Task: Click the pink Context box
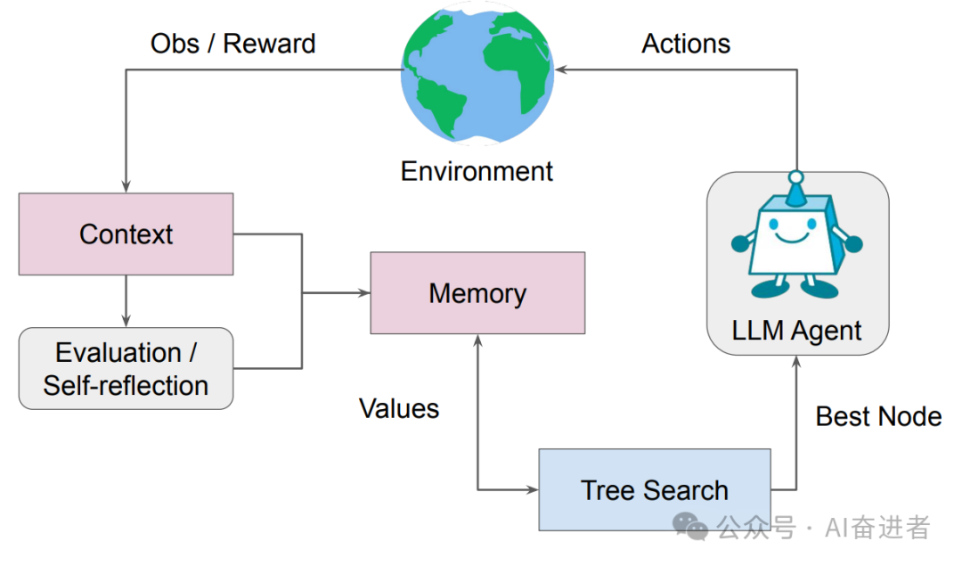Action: pyautogui.click(x=126, y=234)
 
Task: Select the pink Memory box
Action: pyautogui.click(x=477, y=292)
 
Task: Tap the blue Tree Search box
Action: pyautogui.click(x=655, y=489)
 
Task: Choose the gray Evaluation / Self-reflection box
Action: pyautogui.click(x=126, y=368)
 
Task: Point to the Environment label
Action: pyautogui.click(x=477, y=170)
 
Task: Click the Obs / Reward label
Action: pyautogui.click(x=232, y=43)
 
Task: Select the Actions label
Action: pyautogui.click(x=686, y=43)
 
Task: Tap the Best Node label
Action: pyautogui.click(x=878, y=416)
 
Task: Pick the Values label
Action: pyautogui.click(x=399, y=408)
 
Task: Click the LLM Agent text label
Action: pyautogui.click(x=796, y=331)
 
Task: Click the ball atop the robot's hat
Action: pyautogui.click(x=795, y=177)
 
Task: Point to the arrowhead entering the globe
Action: pyautogui.click(x=562, y=69)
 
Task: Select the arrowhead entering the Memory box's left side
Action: pyautogui.click(x=364, y=292)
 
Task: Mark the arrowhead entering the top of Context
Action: pyautogui.click(x=126, y=186)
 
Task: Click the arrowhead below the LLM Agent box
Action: pyautogui.click(x=796, y=361)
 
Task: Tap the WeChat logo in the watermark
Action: pyautogui.click(x=691, y=527)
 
